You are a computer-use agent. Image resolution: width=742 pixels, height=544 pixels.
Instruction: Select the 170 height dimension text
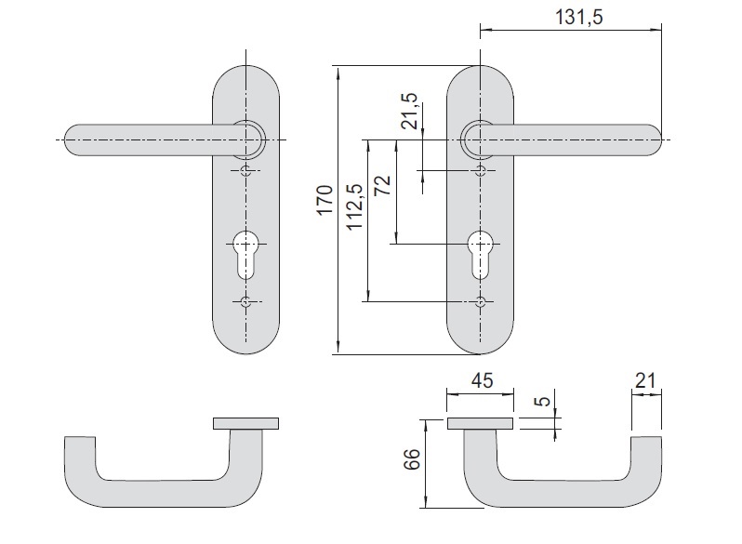click(325, 201)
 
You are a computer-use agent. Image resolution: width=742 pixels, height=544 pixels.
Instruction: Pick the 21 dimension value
click(647, 379)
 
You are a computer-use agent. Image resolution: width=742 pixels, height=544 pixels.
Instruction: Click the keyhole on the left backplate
click(245, 253)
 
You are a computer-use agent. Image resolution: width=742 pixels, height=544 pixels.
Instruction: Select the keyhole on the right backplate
click(480, 253)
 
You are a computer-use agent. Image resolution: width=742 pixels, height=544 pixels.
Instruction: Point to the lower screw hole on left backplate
click(245, 302)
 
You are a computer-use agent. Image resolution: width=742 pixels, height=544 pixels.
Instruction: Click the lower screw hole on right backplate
click(480, 302)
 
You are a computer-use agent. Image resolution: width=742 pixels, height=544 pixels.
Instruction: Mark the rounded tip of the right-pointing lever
click(656, 139)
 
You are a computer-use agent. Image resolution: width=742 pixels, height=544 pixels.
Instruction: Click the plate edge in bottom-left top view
click(245, 424)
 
